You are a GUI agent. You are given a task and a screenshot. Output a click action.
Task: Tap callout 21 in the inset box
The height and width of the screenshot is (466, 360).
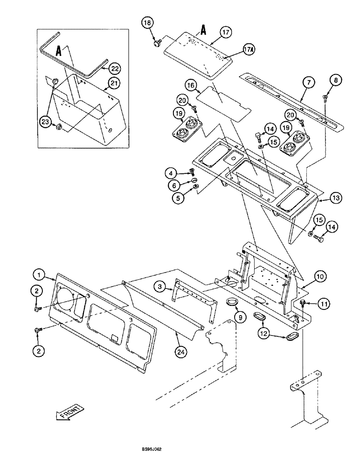tap(114, 83)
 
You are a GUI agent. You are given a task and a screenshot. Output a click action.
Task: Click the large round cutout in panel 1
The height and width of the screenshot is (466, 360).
tap(73, 305)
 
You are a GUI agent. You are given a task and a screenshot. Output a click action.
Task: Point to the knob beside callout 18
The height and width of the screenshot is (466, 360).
tap(156, 43)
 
